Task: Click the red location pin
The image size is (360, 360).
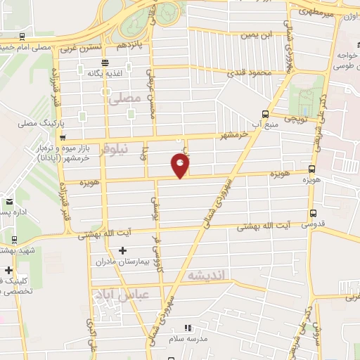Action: click(181, 166)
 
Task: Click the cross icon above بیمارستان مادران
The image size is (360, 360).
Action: click(123, 250)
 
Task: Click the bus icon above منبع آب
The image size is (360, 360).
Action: click(265, 114)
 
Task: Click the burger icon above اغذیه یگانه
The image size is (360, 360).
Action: click(105, 71)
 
